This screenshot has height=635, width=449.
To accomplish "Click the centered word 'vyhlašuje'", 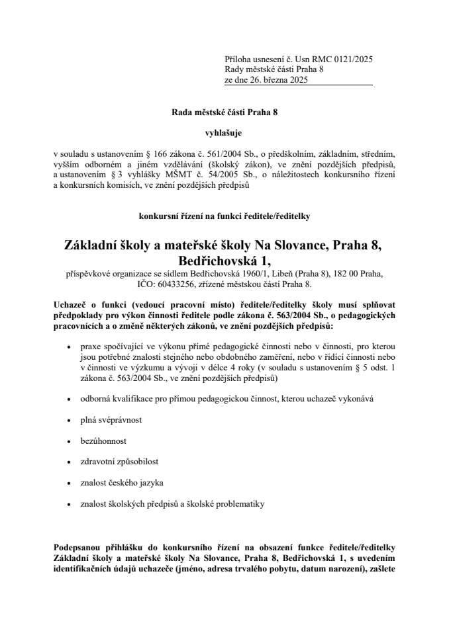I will click(224, 132).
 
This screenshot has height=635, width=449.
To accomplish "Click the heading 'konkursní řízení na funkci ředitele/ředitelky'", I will click(224, 216).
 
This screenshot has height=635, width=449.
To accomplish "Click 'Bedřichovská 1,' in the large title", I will click(224, 259).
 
